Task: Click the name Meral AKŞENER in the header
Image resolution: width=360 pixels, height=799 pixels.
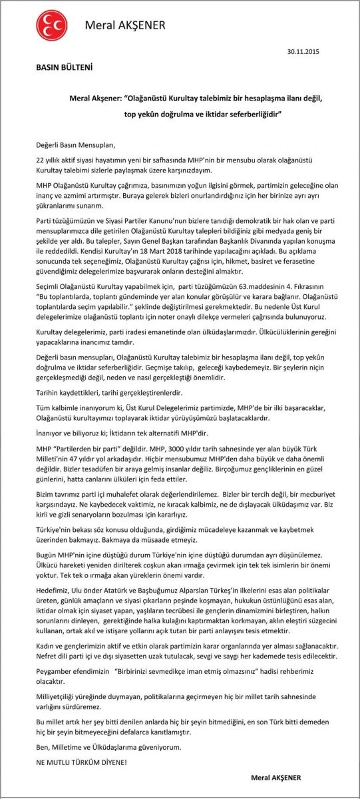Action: [125, 26]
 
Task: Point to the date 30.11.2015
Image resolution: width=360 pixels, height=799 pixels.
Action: [303, 51]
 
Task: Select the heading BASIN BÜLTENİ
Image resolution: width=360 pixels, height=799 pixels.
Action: [64, 67]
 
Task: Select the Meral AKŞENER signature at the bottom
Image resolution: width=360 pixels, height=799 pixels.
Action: [275, 778]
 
